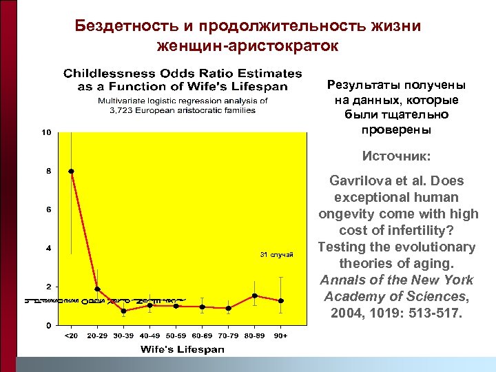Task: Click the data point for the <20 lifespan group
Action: tap(71, 171)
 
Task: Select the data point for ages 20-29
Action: tap(97, 289)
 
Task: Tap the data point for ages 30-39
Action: tap(123, 311)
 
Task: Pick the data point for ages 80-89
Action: tap(254, 296)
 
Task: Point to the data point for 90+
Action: tap(280, 301)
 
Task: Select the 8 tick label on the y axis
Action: tap(48, 171)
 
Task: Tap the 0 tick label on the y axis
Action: tap(48, 325)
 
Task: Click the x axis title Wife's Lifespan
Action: tap(182, 349)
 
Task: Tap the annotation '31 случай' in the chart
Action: tap(276, 256)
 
